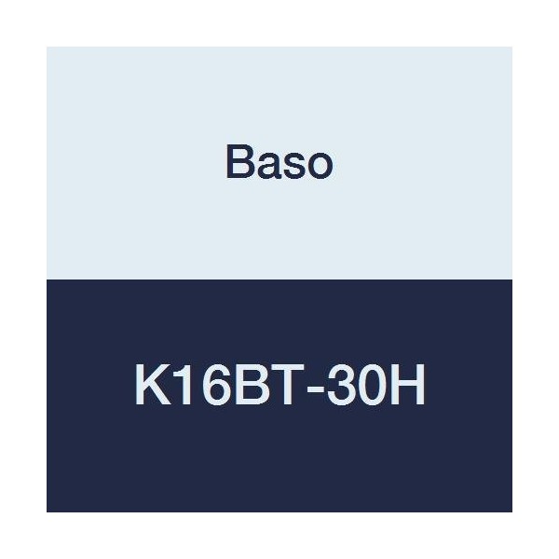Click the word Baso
click(x=279, y=164)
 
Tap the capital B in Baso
click(x=239, y=164)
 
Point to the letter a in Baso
click(x=266, y=167)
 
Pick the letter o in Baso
click(x=318, y=167)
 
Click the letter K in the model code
click(x=150, y=385)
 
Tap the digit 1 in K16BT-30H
click(x=180, y=385)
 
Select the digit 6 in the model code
click(x=207, y=385)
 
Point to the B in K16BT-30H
click(x=239, y=385)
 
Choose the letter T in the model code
click(x=271, y=385)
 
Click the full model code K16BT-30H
click(x=279, y=385)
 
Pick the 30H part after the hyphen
click(x=364, y=385)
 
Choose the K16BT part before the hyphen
click(x=210, y=385)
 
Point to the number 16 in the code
click(x=194, y=385)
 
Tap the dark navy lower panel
click(x=279, y=466)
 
